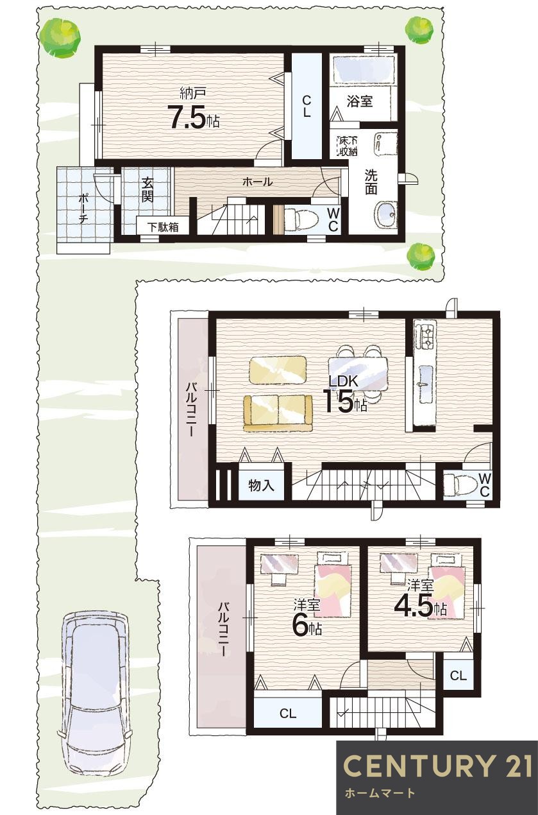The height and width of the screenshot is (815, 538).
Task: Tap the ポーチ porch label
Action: coord(84,208)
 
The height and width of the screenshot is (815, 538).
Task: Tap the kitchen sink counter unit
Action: coord(425,372)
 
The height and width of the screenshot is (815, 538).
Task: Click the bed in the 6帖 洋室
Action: coord(333,587)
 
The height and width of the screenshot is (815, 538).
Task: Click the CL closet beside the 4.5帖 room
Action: coord(458,675)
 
